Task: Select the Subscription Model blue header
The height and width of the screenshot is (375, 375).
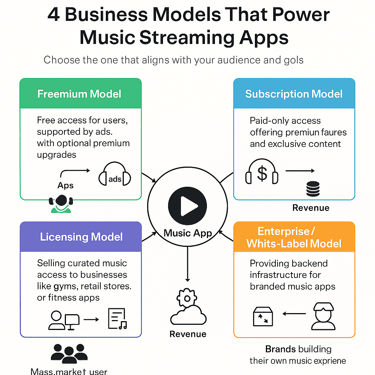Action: point(294,94)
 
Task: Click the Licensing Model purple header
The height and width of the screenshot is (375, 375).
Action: point(81,237)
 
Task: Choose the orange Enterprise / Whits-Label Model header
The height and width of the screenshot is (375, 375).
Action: point(294,237)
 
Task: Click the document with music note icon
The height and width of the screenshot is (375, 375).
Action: point(117,318)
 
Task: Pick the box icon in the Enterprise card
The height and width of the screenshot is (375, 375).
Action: point(263,316)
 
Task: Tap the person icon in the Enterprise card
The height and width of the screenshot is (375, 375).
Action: point(323,316)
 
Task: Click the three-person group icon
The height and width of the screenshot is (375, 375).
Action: point(69,354)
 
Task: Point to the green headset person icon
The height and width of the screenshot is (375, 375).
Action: point(61,203)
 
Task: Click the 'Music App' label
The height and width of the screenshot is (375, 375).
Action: point(187,233)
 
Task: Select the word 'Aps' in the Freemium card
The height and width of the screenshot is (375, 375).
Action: point(66,185)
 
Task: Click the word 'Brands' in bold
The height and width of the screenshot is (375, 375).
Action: point(280,349)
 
